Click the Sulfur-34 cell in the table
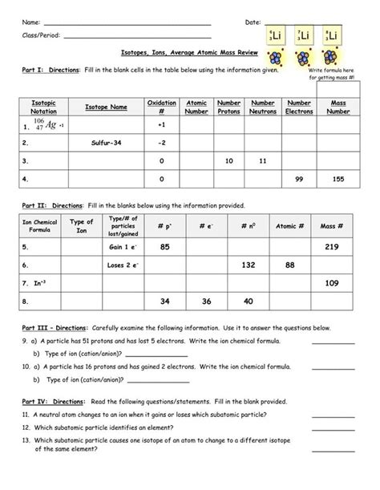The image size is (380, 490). point(106,143)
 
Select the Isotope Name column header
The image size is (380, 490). point(106,107)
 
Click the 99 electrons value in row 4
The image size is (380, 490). point(299,179)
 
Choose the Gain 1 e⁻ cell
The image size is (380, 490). point(124,246)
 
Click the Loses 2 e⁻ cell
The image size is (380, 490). point(124,265)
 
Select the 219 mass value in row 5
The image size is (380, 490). point(332,246)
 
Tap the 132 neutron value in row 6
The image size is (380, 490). point(248,265)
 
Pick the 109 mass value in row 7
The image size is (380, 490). point(332,283)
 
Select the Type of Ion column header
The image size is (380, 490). point(82,226)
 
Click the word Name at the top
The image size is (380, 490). point(30,20)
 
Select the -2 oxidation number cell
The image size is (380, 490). point(161,143)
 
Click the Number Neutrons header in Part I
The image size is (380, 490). point(262,107)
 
